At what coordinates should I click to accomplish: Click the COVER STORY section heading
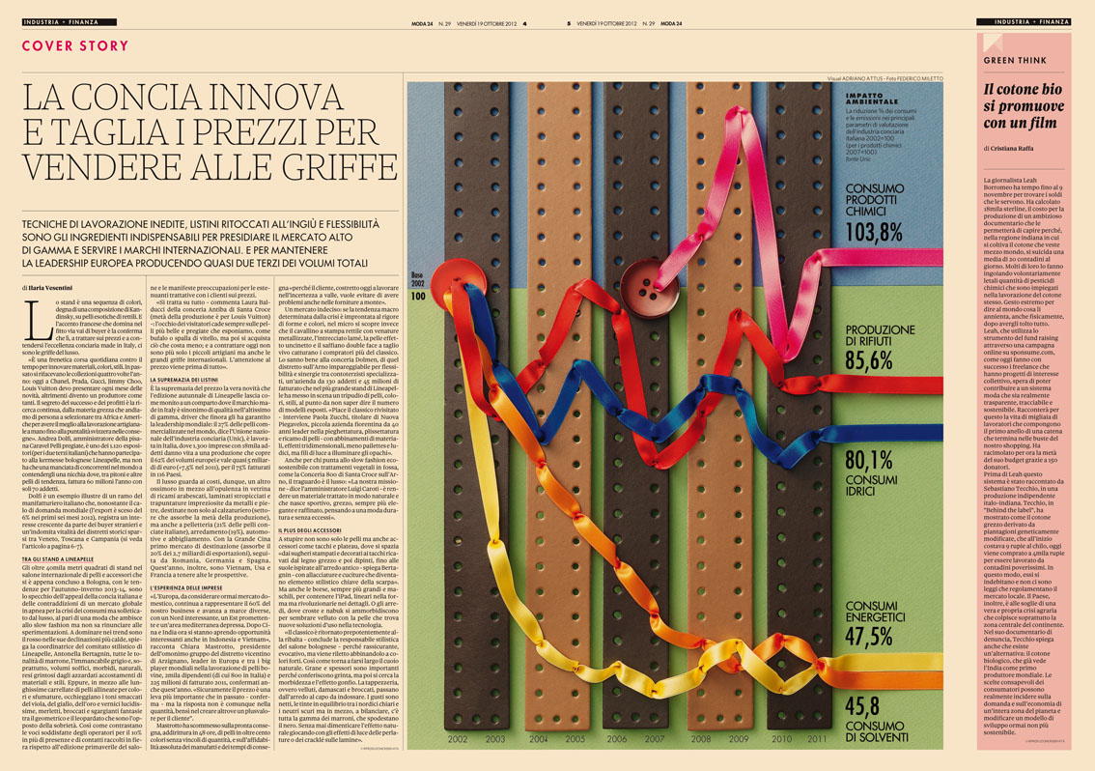coord(74,46)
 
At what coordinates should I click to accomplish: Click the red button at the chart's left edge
coord(463,283)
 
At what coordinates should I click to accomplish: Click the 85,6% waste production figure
coord(869,360)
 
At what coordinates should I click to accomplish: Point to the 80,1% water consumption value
coord(869,459)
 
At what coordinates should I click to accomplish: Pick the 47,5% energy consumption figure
coord(869,636)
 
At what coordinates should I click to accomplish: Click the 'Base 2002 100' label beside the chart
coord(418,286)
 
